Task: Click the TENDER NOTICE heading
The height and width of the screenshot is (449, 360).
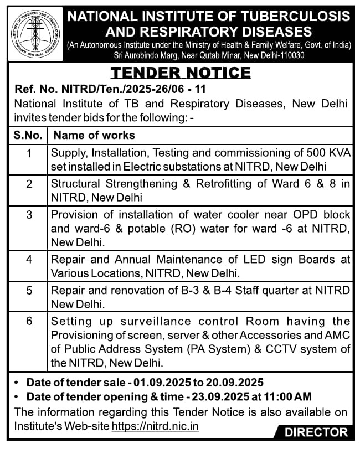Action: (181, 73)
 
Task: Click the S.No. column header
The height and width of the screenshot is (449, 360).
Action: (29, 135)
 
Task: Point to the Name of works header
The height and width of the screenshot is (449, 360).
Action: (94, 135)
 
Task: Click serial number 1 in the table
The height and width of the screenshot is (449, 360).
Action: (29, 153)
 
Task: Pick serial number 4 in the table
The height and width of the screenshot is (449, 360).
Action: (29, 259)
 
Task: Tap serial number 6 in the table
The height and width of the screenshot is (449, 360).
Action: (29, 321)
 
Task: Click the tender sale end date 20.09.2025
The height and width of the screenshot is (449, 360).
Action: (230, 383)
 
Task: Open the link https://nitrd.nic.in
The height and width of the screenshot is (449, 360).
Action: (155, 426)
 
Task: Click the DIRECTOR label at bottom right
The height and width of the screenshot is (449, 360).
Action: (316, 433)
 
